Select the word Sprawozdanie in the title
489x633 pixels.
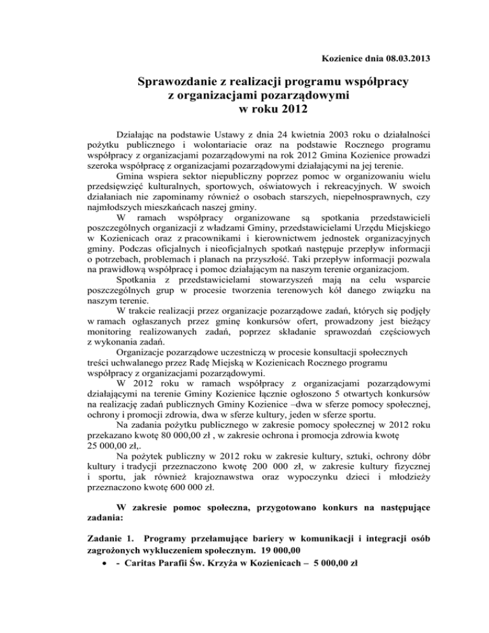181,83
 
